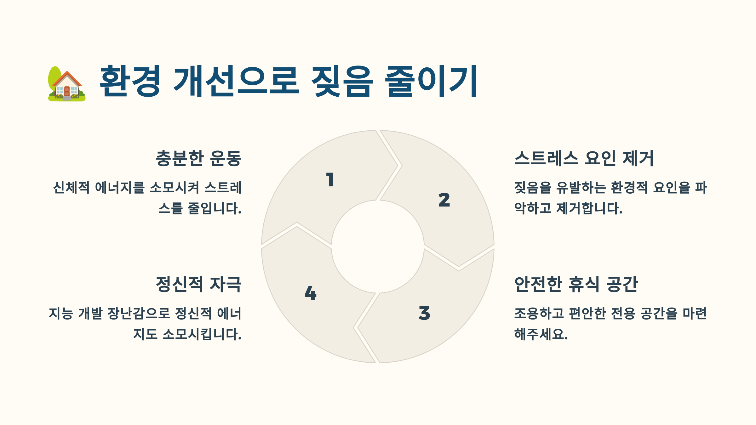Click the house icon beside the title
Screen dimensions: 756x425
point(67,84)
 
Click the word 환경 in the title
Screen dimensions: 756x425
point(130,81)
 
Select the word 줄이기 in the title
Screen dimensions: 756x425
point(431,81)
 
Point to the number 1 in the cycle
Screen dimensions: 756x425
point(330,180)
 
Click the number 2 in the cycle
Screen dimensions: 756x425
point(444,200)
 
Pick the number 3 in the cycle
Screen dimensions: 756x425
point(424,313)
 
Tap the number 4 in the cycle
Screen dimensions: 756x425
point(310,293)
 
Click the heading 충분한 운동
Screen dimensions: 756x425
point(199,158)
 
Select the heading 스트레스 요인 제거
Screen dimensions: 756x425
point(584,158)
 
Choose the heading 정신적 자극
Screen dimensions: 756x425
point(199,284)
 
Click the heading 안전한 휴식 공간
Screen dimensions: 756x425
point(576,284)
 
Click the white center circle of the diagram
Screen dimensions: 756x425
point(378,246)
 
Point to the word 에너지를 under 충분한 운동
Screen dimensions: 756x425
point(120,188)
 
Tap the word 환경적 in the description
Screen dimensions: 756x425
point(629,188)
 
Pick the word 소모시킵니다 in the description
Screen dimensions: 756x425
point(202,334)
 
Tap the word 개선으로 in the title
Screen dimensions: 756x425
point(236,81)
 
